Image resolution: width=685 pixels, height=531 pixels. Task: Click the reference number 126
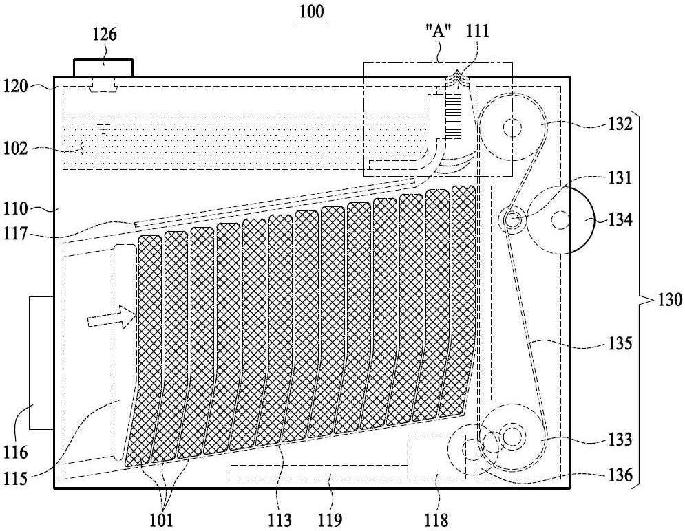tap(105, 34)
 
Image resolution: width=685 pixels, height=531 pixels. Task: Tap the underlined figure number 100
tap(311, 11)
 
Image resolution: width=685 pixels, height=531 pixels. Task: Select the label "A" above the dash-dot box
tap(438, 32)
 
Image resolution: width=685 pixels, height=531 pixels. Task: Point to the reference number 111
tap(478, 32)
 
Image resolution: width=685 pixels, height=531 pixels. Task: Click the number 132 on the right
tap(620, 124)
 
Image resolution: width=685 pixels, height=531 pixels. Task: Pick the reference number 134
tap(620, 219)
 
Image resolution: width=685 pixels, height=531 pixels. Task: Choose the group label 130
tap(669, 300)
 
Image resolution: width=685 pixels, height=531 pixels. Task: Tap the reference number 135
tap(620, 343)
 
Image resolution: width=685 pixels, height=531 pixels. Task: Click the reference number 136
tap(620, 475)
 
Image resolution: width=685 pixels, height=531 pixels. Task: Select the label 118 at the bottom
tap(436, 520)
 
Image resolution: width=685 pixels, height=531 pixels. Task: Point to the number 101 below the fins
tap(161, 520)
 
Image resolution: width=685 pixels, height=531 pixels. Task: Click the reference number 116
tap(16, 453)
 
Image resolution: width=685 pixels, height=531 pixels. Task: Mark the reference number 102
tap(16, 149)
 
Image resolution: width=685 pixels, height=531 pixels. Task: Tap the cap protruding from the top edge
tap(103, 68)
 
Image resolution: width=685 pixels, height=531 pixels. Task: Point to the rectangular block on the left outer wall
tap(41, 362)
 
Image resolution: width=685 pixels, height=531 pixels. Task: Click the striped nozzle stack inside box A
tap(452, 117)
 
